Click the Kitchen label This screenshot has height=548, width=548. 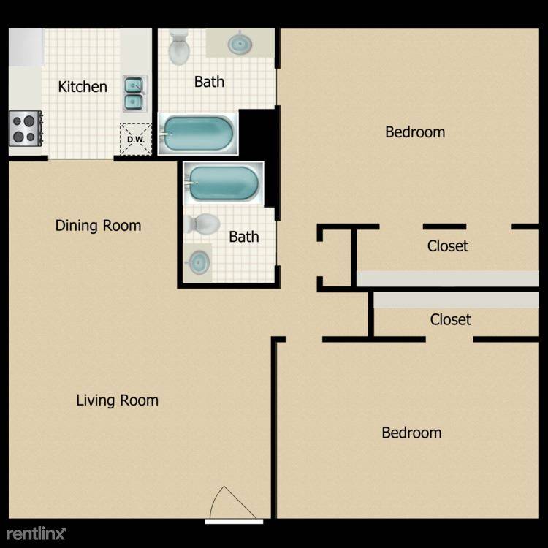(83, 87)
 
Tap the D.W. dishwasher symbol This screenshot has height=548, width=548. (136, 139)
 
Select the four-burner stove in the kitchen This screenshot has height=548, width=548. (26, 129)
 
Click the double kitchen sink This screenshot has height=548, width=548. (134, 94)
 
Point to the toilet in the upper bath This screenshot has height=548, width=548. (179, 48)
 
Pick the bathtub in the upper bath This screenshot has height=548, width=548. (198, 134)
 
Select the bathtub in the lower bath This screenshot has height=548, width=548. (224, 183)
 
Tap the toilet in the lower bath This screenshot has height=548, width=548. (202, 224)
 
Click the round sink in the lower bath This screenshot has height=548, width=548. (198, 262)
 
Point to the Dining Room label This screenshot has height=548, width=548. (98, 226)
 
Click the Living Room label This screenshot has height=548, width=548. (117, 400)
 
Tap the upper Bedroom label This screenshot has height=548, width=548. (415, 132)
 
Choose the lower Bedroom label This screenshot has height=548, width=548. (411, 433)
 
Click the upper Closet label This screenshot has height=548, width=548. (448, 246)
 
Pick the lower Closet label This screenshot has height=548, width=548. (451, 319)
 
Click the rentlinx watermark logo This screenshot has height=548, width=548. (36, 533)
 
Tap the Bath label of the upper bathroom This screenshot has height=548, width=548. (209, 82)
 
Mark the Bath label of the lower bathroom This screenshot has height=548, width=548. (244, 237)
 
